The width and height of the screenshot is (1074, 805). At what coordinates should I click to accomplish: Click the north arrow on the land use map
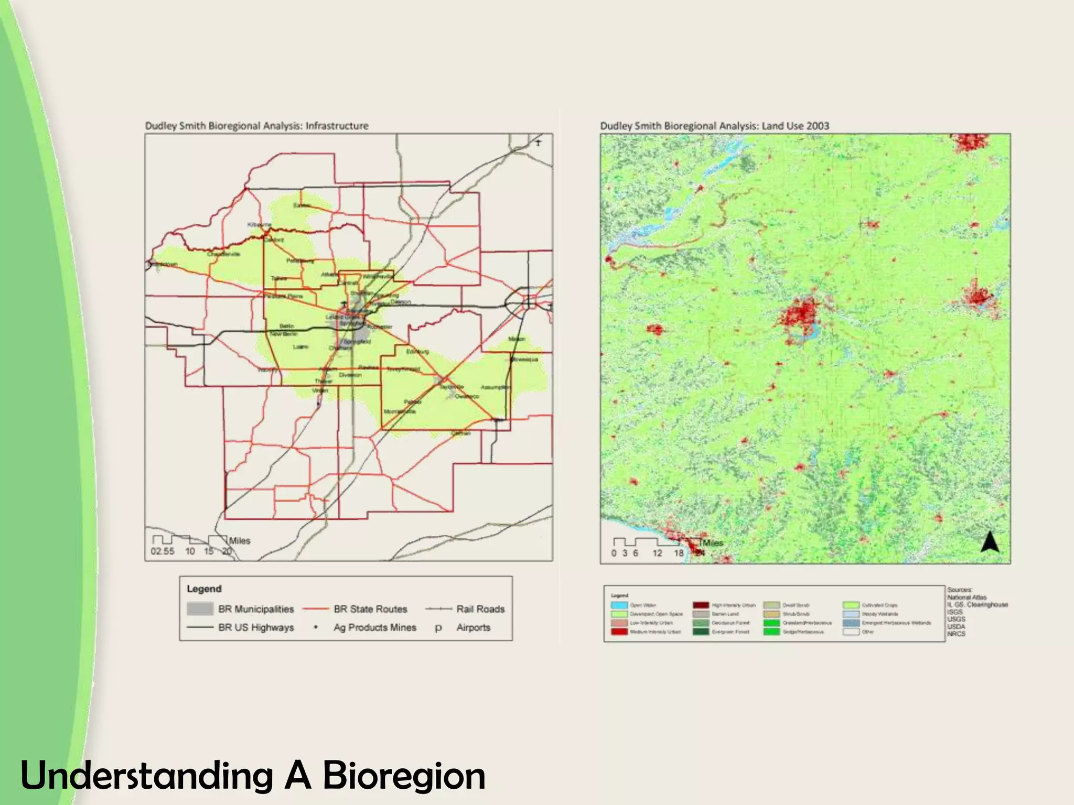[990, 542]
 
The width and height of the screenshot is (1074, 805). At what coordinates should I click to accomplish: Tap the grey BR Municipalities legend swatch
[200, 608]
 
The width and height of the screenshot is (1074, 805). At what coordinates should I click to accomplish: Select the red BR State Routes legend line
[316, 609]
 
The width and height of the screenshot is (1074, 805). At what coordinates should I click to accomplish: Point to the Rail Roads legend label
[480, 609]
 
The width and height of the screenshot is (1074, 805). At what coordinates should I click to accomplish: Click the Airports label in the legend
[473, 627]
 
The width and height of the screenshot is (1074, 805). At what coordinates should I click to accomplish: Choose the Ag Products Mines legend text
[374, 627]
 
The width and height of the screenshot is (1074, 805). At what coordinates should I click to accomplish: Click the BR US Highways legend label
[256, 627]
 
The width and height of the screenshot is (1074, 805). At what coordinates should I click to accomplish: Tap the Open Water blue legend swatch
[619, 605]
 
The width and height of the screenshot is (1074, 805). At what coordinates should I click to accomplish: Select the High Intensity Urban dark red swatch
[701, 605]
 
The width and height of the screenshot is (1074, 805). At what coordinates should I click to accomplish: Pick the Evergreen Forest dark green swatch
[701, 632]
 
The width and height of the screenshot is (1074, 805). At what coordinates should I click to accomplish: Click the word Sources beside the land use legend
[959, 590]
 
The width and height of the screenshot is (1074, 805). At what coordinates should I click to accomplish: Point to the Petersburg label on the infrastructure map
[300, 260]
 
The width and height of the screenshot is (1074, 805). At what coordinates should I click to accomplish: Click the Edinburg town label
[417, 351]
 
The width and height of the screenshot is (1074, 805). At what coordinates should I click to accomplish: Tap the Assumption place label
[496, 387]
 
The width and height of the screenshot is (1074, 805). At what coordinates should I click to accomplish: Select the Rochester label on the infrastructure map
[379, 327]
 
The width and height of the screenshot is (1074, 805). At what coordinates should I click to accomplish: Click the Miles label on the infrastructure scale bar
[240, 541]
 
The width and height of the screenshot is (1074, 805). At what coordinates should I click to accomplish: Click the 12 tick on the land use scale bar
[657, 553]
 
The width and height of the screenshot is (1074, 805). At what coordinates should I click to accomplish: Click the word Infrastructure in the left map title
[337, 126]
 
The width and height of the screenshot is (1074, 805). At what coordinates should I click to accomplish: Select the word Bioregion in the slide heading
[404, 776]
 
